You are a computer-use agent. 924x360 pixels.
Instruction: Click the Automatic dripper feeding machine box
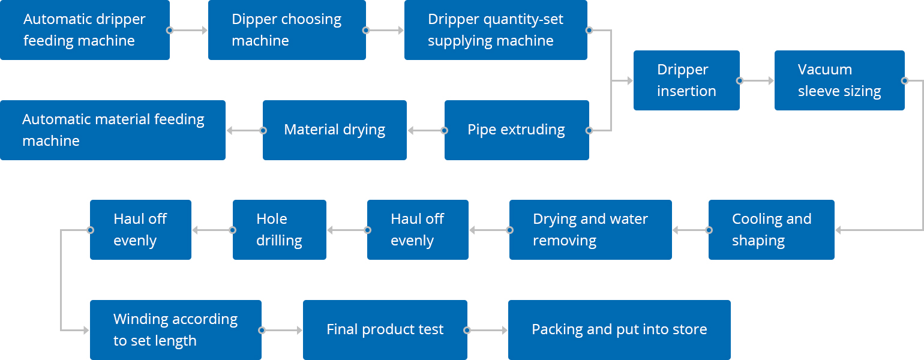click(x=85, y=29)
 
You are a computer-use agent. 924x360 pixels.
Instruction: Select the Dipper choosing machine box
click(x=287, y=29)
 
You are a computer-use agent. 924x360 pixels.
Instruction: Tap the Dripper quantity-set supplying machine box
click(x=496, y=29)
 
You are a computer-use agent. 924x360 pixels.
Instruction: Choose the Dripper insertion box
click(x=686, y=80)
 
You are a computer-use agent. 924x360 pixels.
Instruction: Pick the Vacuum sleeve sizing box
click(x=839, y=80)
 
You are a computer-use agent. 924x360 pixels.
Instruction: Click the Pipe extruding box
click(x=517, y=130)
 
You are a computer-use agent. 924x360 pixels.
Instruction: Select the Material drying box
click(x=335, y=130)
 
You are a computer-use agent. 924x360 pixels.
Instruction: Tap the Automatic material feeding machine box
click(x=113, y=130)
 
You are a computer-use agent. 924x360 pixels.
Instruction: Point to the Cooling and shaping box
click(x=772, y=230)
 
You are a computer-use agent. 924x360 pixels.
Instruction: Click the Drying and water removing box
click(x=590, y=230)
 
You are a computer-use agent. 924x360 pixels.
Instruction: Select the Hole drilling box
click(x=279, y=230)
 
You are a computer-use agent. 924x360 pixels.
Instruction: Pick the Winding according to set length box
click(x=176, y=330)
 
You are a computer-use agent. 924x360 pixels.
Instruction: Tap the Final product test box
click(x=385, y=330)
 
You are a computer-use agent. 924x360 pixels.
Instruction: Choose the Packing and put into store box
click(x=619, y=330)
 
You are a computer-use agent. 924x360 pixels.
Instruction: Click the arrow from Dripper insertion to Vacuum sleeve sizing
click(x=757, y=80)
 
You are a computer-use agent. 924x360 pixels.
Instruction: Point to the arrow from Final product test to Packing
click(x=487, y=330)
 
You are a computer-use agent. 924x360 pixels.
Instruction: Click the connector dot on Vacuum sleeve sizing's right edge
click(x=905, y=80)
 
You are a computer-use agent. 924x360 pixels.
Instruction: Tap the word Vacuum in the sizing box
click(x=824, y=69)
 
